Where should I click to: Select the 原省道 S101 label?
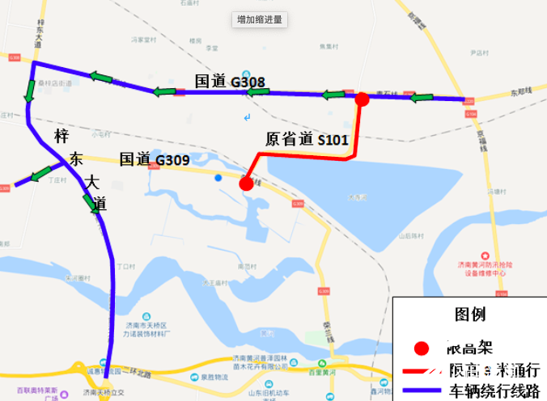coord(307,138)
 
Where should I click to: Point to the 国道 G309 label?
coord(155,159)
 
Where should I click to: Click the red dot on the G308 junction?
coord(363,99)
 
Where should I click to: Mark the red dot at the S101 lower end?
coord(246,184)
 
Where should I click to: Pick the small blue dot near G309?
coord(218,177)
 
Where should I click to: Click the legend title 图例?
coord(470,314)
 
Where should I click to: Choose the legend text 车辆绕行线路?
coord(494,391)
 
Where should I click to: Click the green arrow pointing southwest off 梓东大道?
coord(40,174)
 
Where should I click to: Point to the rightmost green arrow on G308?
coord(423,99)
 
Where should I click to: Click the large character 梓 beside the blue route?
coord(61,136)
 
